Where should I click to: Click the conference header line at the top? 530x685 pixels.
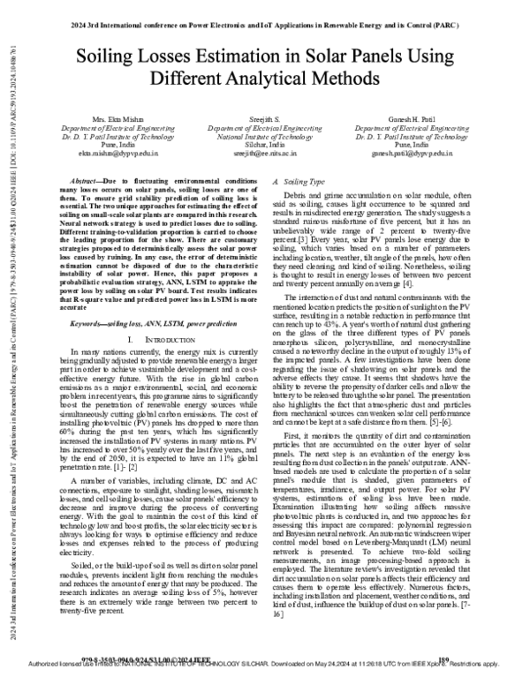coord(266,12)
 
